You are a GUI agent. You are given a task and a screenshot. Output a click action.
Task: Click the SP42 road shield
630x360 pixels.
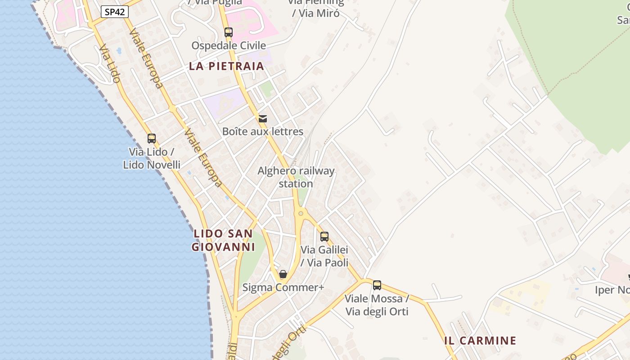114,12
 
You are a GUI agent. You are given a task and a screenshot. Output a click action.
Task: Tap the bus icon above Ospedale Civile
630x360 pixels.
229,32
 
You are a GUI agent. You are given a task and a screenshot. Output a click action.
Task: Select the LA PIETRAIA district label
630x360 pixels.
226,66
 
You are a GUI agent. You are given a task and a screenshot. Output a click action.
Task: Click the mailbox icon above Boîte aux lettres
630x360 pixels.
263,119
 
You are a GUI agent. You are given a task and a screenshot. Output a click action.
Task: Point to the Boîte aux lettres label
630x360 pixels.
263,131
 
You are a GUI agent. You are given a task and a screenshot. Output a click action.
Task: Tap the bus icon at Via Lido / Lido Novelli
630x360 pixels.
152,139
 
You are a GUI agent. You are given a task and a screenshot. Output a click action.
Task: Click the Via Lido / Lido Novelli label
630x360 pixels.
152,158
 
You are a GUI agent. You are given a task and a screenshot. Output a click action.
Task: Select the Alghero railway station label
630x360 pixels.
296,177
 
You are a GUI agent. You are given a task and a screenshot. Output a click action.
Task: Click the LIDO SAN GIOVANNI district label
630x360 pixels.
223,240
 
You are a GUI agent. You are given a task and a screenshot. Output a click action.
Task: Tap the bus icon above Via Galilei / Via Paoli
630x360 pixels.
324,236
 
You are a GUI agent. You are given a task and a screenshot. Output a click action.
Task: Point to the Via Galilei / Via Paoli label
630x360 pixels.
324,256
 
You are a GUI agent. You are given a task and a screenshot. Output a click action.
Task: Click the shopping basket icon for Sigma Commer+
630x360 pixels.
283,274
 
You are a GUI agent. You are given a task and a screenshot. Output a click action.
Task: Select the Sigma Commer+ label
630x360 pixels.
283,287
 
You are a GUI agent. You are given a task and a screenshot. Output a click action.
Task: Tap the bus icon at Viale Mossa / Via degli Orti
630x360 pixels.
377,285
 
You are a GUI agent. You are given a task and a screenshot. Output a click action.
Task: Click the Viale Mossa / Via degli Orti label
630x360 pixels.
377,305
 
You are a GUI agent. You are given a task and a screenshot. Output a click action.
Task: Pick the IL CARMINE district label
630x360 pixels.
480,341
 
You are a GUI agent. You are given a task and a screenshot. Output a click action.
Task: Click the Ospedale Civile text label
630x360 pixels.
229,45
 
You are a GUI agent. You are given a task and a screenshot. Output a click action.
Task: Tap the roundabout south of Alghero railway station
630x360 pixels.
301,213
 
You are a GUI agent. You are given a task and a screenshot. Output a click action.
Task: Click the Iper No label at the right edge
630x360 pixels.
612,290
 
